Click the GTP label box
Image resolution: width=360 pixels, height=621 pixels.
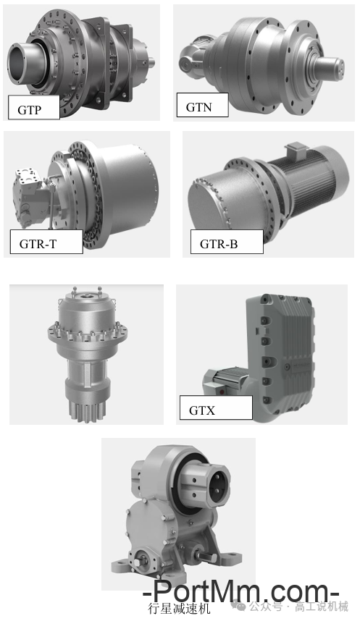pos(34,107)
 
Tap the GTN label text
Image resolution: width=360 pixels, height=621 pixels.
pos(199,107)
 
